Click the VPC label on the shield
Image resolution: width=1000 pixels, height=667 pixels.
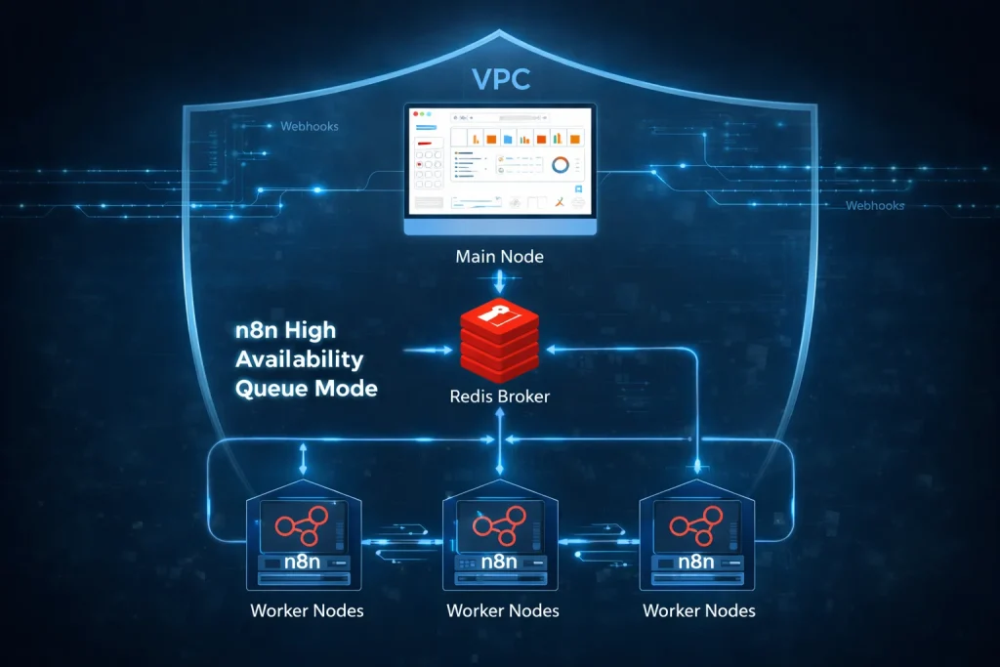(x=499, y=79)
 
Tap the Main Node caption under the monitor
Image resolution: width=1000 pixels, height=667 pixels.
(x=499, y=258)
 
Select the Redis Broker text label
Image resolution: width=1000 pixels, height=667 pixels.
(x=500, y=396)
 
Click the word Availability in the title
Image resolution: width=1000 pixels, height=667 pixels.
(x=300, y=359)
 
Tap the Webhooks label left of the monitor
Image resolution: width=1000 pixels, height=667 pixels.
(x=310, y=127)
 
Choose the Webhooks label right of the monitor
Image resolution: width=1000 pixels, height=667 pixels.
(x=875, y=206)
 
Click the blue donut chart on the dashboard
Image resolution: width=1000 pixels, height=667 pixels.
(x=561, y=166)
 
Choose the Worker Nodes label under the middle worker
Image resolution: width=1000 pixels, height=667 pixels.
(x=502, y=611)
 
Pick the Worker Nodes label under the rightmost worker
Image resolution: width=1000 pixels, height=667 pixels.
(x=698, y=611)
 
